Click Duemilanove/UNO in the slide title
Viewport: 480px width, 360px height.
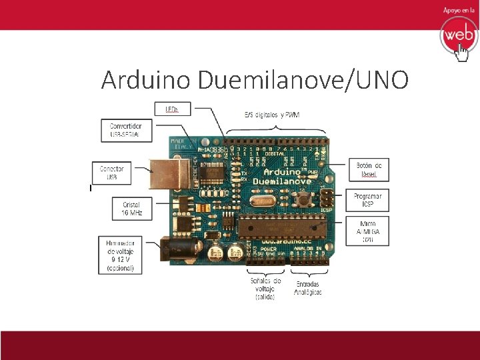(x=303, y=80)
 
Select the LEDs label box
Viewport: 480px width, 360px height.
(x=172, y=107)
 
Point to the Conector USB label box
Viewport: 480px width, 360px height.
(x=111, y=173)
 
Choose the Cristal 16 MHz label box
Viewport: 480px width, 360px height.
(x=132, y=209)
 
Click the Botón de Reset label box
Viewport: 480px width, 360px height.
(x=369, y=169)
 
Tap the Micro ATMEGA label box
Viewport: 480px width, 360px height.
(x=367, y=230)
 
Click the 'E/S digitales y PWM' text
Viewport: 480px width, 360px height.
(x=271, y=115)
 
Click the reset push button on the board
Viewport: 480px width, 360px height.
(x=305, y=198)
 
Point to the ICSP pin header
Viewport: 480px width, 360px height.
(x=326, y=197)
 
